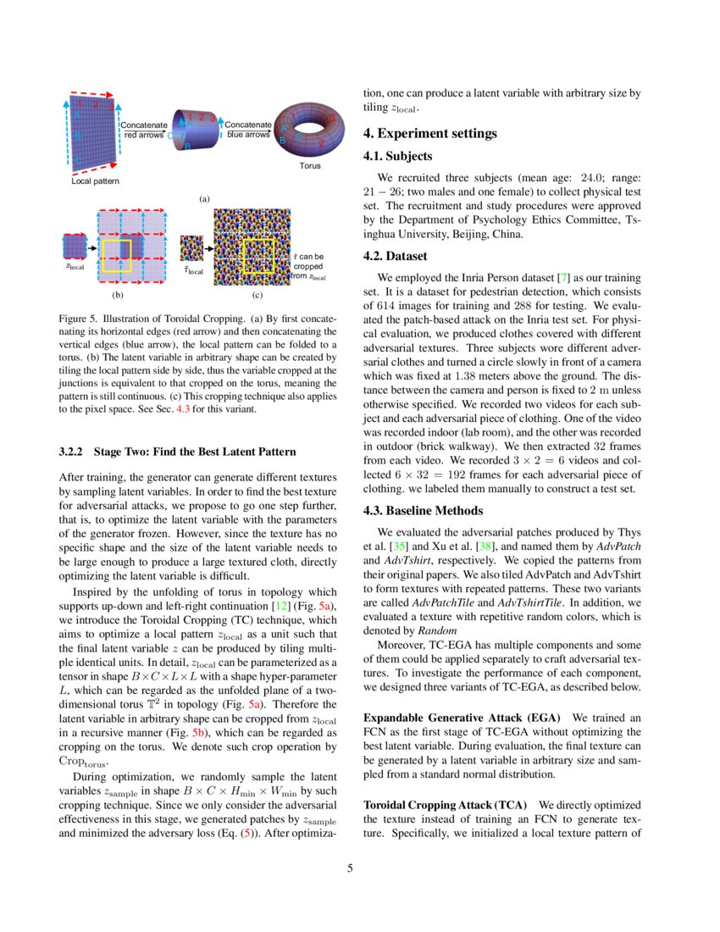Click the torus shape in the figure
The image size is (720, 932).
(x=309, y=130)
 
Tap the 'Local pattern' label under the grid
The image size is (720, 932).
(x=95, y=181)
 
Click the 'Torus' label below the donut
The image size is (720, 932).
(x=310, y=166)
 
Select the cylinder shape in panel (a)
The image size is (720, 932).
(x=197, y=129)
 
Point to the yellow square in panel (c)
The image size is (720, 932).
(x=259, y=256)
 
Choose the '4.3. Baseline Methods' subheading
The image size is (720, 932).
(x=424, y=510)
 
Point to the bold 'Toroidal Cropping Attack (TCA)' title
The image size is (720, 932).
(x=445, y=803)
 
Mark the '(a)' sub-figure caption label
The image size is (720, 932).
(x=203, y=199)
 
